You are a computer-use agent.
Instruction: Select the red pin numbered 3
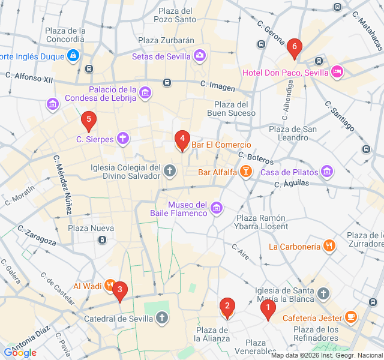coord(120,291)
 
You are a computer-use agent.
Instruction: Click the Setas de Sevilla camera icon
coord(199,56)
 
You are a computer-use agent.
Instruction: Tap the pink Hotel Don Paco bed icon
coord(337,72)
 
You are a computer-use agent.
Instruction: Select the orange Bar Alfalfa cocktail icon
coord(245,173)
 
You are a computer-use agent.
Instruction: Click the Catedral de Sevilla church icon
coord(162,317)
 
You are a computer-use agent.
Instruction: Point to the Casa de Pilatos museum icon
coord(327,172)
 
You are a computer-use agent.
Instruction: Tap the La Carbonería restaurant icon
coord(329,246)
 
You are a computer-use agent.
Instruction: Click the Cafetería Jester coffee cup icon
coord(351,317)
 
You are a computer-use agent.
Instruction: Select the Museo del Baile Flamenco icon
coord(217,209)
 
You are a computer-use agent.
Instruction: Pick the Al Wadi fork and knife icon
coord(110,286)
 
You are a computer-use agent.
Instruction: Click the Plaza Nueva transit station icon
coord(102,240)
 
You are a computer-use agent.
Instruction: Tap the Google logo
coord(20,352)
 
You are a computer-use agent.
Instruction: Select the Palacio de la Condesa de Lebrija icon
coord(145,94)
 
